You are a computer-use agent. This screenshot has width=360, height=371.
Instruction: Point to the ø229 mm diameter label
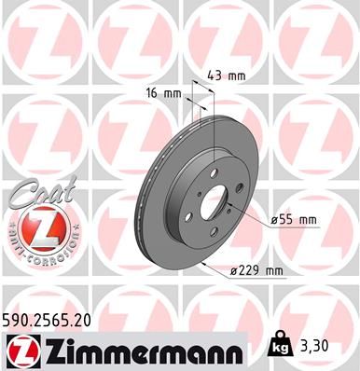tap(256, 271)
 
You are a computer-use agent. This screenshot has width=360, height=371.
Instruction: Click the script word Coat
tap(32, 193)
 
